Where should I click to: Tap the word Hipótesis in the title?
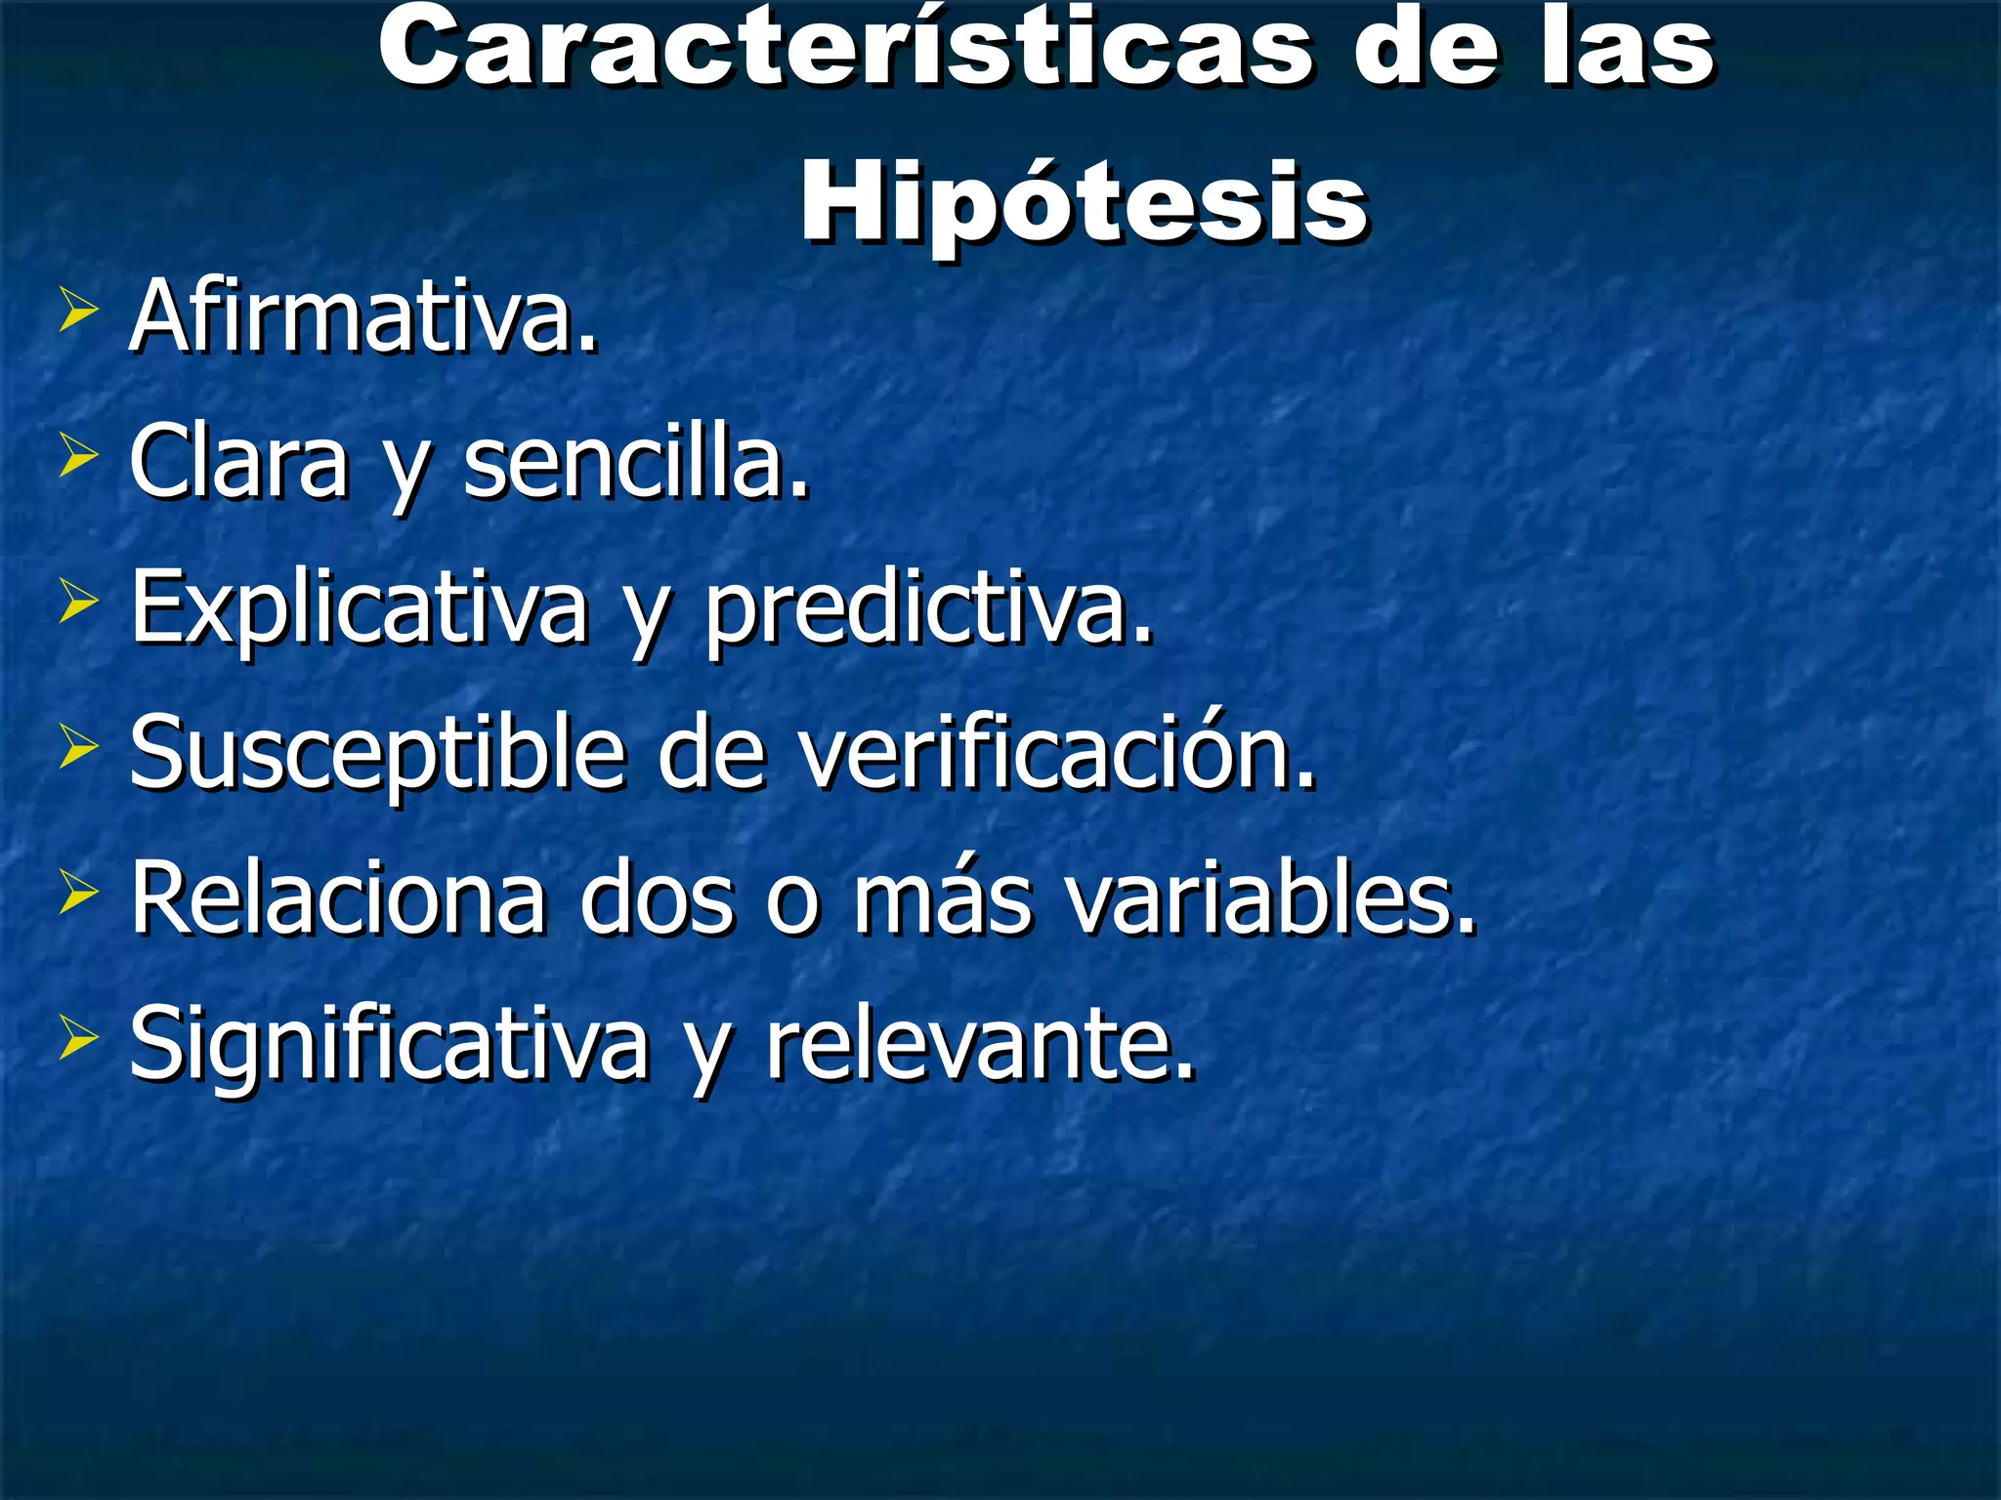pos(1084,203)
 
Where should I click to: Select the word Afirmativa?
pos(362,316)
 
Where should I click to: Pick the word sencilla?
pos(636,463)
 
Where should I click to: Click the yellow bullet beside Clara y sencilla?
pos(78,456)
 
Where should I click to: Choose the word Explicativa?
pos(360,607)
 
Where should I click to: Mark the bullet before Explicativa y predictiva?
pos(78,602)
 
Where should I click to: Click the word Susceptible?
pos(377,753)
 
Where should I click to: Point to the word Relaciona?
pos(338,898)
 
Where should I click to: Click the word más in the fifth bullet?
pos(942,898)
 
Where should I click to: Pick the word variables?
pos(1270,898)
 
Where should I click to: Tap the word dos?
pos(656,898)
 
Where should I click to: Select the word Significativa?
pos(389,1045)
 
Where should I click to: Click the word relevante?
pos(980,1045)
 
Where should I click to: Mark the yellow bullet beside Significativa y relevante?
pos(78,1037)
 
